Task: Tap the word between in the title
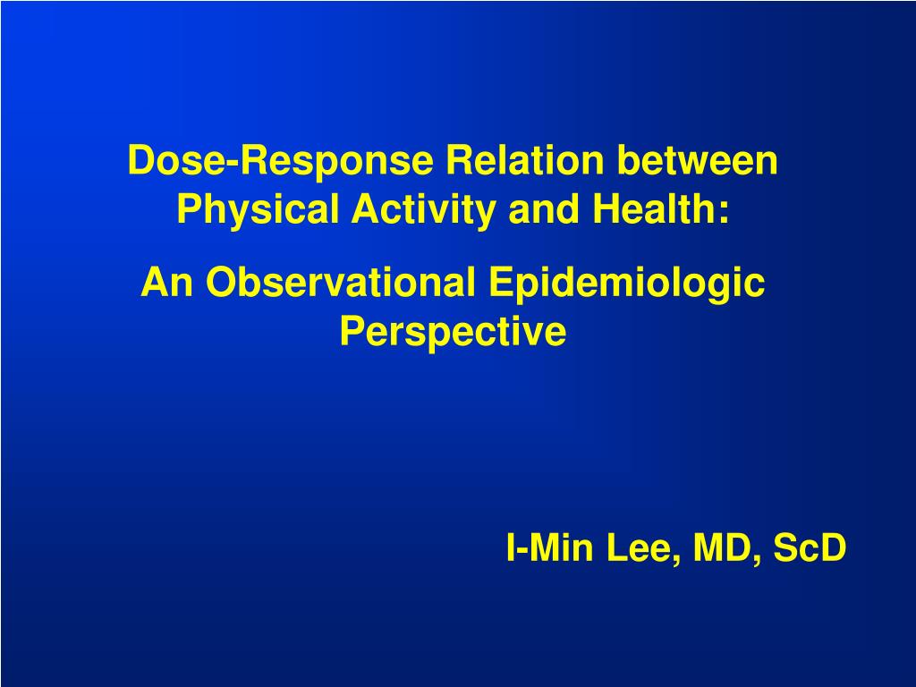(x=697, y=159)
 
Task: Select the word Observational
(x=340, y=282)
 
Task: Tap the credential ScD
(x=810, y=547)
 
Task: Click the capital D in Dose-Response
(x=142, y=159)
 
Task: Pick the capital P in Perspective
(x=353, y=331)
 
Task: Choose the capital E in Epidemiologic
(x=502, y=282)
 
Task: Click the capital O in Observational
(x=222, y=282)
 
